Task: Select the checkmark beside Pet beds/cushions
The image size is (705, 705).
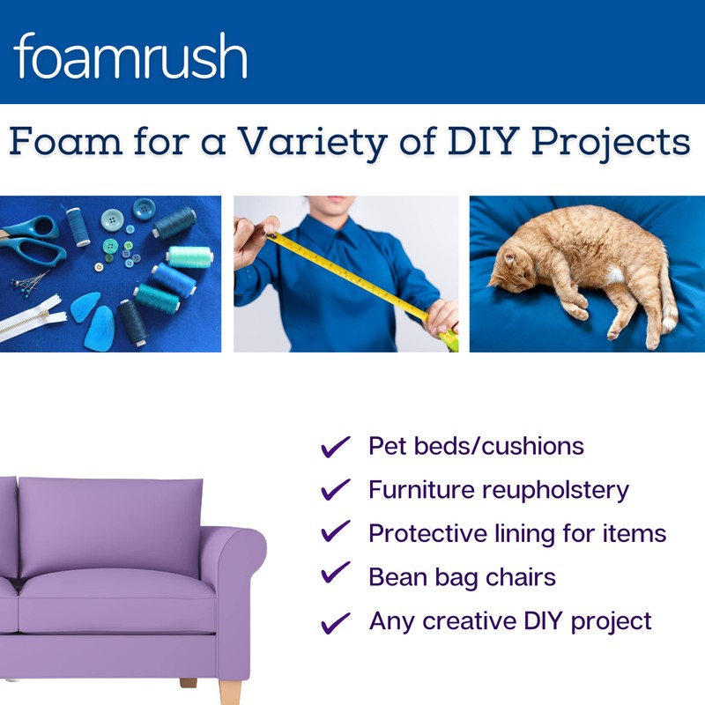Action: [335, 447]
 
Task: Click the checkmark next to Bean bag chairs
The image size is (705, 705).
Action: [335, 575]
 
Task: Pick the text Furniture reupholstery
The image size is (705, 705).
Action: [499, 490]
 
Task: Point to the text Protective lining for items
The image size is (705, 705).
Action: [517, 533]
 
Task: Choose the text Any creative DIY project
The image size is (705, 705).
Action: [510, 620]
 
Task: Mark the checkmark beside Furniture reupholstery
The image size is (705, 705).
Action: [335, 490]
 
